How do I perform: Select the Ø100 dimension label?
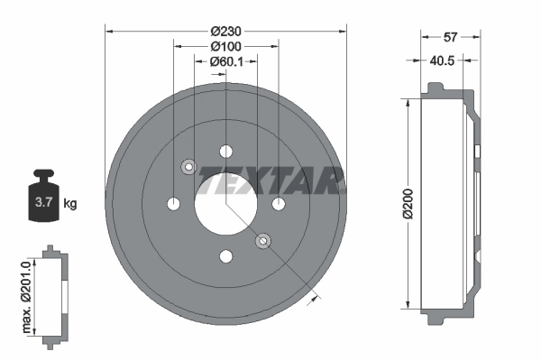(x=225, y=46)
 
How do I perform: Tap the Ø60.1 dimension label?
(x=226, y=62)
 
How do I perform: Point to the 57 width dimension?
(x=451, y=38)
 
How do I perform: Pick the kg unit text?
(x=70, y=204)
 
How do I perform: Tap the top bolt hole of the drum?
(x=225, y=150)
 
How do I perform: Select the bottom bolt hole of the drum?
(x=225, y=255)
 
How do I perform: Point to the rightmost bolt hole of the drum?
(x=279, y=203)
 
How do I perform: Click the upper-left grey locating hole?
(x=188, y=166)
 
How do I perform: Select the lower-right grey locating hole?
(x=262, y=240)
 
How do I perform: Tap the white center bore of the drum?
(x=225, y=203)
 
